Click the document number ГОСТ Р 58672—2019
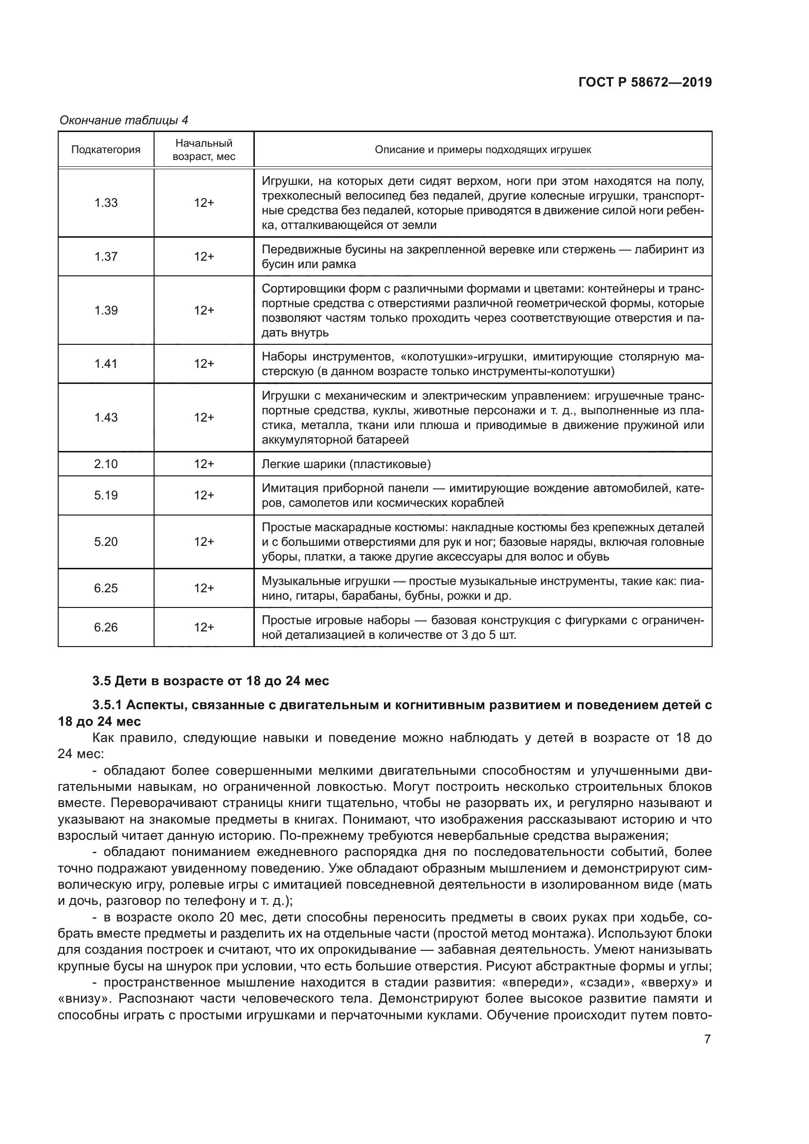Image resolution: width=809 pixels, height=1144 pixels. point(645,83)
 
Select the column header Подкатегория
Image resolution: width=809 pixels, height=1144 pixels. point(106,150)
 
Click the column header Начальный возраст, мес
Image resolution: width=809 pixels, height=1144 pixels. point(204,150)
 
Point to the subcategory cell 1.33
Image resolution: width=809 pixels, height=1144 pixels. point(106,203)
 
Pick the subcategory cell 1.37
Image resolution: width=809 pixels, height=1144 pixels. point(106,257)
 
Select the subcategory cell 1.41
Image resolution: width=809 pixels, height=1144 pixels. point(106,364)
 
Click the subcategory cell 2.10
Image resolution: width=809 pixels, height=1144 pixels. point(106,464)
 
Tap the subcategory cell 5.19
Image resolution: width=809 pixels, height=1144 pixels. point(106,495)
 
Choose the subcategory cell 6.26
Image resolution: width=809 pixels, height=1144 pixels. point(106,628)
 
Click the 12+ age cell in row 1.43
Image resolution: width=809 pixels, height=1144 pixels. point(204,418)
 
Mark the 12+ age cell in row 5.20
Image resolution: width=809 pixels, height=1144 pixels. point(204,541)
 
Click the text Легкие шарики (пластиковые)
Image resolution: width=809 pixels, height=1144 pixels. point(346,464)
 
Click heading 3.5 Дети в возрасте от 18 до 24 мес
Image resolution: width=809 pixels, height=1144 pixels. point(211,681)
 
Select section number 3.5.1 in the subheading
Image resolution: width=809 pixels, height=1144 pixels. point(107,705)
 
